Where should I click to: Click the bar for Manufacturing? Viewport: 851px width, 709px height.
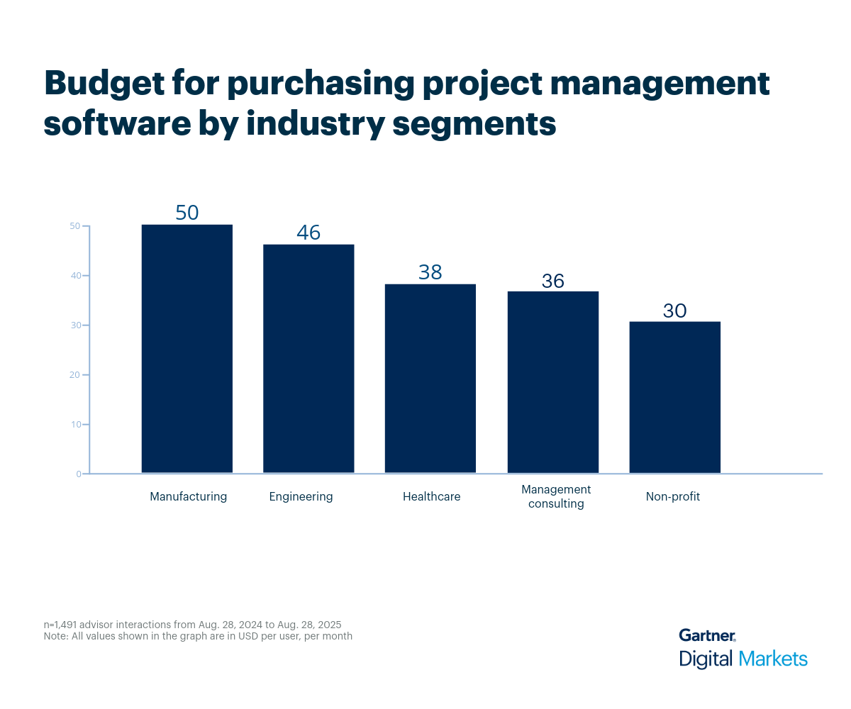187,349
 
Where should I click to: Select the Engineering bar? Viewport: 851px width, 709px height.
308,359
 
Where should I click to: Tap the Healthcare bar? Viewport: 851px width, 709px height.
430,379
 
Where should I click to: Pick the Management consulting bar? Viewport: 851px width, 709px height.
553,382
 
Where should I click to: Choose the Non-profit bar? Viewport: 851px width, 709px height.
675,397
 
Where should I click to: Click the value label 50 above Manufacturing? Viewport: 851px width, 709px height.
187,213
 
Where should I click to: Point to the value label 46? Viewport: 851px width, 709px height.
308,233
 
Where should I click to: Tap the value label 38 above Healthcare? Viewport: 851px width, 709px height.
430,272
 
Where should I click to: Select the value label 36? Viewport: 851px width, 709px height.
553,281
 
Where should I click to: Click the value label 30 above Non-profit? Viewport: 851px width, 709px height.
675,311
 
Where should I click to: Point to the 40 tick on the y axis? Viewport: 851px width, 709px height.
74,276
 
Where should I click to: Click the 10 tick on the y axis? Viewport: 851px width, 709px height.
74,425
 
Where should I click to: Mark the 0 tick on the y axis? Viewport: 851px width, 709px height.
78,474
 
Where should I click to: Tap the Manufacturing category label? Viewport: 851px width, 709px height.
188,496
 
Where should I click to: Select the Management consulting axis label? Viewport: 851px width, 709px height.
556,496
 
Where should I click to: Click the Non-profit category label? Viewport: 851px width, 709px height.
672,496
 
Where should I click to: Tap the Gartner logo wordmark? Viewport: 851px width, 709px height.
706,635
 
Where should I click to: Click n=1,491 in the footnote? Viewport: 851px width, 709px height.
61,625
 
